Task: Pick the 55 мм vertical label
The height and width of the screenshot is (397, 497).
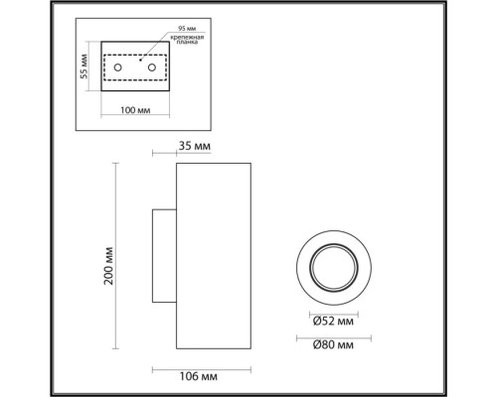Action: [86, 66]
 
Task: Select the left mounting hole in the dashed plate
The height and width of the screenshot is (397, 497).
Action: [118, 67]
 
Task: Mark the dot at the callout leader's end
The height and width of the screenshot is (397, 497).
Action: [141, 60]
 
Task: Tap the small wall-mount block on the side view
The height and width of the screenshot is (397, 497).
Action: [164, 256]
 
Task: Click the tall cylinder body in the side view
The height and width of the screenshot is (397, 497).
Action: [213, 256]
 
